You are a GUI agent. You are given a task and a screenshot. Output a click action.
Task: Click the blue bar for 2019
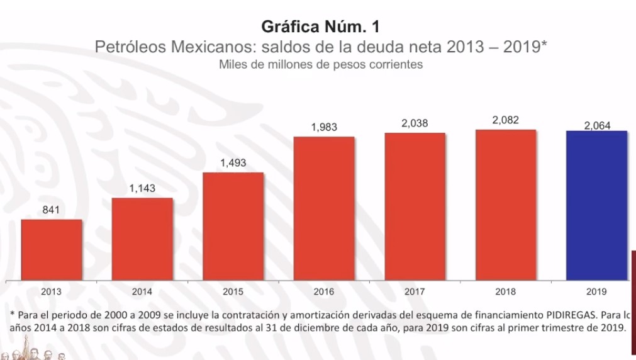point(597,205)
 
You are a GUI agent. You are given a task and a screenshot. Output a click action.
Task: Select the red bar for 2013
point(52,250)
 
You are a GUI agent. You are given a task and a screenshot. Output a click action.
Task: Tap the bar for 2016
point(324,208)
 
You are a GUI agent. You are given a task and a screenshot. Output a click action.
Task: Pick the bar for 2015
point(233,226)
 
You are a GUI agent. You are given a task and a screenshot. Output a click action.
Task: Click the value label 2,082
point(506,121)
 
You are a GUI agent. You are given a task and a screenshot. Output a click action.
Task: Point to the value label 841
point(51,210)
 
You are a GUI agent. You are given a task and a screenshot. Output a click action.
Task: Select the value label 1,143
point(142,189)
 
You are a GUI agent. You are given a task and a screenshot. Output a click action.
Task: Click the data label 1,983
point(324,127)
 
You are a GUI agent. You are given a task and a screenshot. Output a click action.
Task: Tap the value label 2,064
point(597,126)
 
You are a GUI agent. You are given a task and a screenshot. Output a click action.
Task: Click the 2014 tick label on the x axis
point(142,292)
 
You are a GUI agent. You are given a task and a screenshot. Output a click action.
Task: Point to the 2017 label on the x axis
point(415,292)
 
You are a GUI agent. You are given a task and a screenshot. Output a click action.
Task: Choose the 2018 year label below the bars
point(506,292)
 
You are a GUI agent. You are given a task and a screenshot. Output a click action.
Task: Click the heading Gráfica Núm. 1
point(320,27)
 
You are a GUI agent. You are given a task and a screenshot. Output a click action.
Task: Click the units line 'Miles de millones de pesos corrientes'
point(320,64)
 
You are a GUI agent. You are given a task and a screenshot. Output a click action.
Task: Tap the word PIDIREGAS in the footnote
point(570,313)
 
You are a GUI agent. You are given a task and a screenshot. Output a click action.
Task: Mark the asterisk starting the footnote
point(13,313)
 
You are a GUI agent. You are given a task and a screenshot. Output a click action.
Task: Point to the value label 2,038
point(415,124)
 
